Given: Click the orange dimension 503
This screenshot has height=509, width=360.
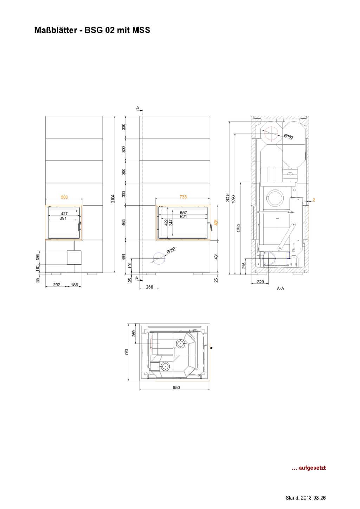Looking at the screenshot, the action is tap(64, 197).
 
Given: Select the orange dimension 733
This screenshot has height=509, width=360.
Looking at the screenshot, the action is tap(183, 197).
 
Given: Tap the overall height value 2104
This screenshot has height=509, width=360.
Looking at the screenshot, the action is tap(113, 199).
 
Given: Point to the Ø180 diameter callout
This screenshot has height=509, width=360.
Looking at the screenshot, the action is tap(288, 137).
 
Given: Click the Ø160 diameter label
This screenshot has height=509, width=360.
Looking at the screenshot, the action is tap(171, 251).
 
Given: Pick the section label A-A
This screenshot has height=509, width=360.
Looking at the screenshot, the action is tap(281, 288).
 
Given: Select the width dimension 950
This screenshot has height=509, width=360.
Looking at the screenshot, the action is tap(176, 387).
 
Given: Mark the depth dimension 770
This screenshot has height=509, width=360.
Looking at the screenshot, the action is tap(127, 352).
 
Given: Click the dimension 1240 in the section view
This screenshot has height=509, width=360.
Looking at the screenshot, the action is tap(239, 228).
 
